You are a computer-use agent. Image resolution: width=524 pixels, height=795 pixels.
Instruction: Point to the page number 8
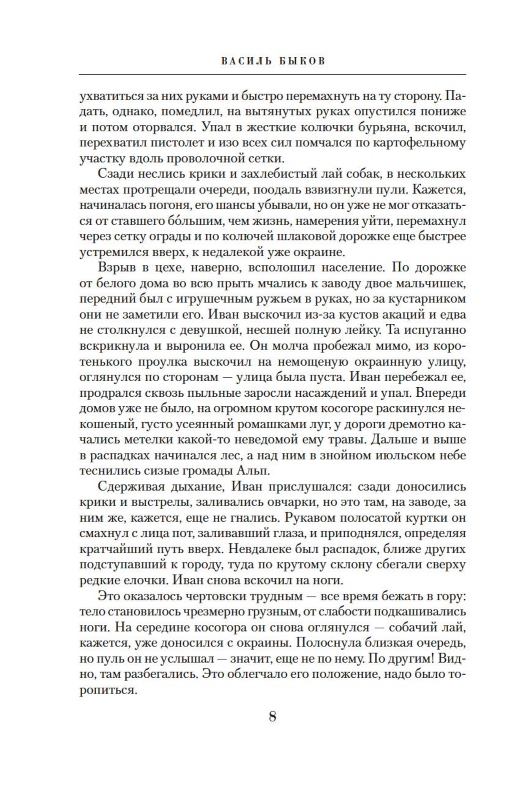(x=272, y=715)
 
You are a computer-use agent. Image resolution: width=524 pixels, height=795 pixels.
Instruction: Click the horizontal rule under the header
(x=272, y=74)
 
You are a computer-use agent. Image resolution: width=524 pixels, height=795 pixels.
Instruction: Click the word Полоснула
(x=328, y=643)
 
